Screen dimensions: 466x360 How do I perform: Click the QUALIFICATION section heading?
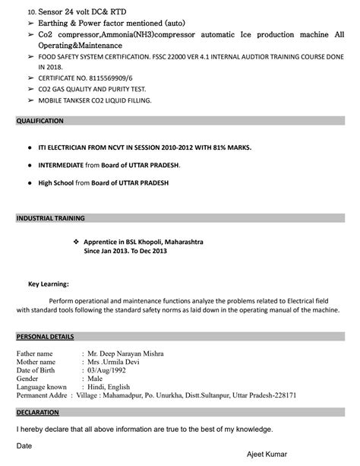[x=40, y=121]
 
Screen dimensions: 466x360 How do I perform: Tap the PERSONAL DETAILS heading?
[x=46, y=335]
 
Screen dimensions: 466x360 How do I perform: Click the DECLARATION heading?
[x=38, y=412]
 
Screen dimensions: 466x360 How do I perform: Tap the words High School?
[x=56, y=183]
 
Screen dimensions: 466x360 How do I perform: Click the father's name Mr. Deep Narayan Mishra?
[x=125, y=353]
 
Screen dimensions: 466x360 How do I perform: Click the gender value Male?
[x=95, y=379]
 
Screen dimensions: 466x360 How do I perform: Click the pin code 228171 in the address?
[x=281, y=395]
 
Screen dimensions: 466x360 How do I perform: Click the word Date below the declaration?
[x=24, y=445]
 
